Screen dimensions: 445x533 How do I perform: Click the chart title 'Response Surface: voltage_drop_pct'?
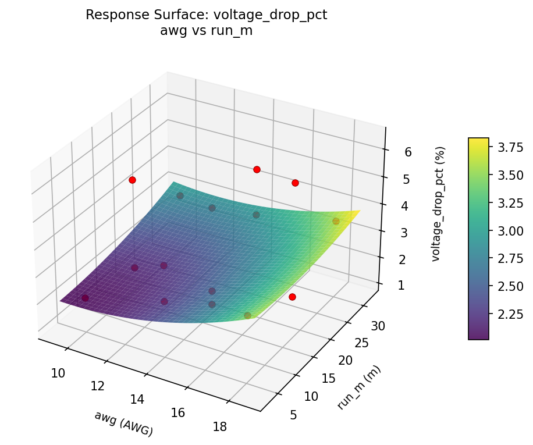point(206,15)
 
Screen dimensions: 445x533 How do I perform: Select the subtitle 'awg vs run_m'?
point(206,31)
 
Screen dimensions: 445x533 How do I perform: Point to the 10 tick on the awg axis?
point(58,373)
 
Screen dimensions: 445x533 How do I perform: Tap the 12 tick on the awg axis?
point(97,386)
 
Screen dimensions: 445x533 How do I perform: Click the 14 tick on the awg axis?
point(137,399)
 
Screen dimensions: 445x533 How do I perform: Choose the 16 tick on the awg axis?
point(178,412)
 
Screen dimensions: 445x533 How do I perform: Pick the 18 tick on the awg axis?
point(219,426)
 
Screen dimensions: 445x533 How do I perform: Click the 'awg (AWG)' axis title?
point(123,423)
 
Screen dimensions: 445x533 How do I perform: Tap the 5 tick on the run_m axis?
point(293,415)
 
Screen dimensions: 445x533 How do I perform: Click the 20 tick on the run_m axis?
point(345,361)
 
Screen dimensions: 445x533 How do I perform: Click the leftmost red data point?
point(132,180)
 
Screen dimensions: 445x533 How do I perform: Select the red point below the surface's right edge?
point(292,297)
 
